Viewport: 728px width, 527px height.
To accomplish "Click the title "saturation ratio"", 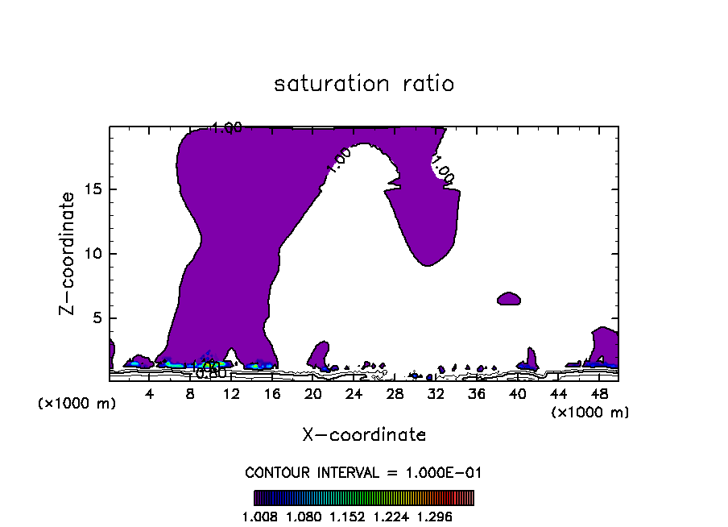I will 364,84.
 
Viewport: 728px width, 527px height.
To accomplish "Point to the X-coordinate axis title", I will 364,435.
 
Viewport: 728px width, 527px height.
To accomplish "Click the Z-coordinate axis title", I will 68,253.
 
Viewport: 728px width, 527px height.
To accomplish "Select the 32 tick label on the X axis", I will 436,393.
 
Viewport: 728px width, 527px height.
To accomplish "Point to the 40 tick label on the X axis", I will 517,393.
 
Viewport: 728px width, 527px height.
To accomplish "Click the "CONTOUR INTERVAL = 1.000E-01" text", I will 363,472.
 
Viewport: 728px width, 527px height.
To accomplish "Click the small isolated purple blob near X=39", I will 509,299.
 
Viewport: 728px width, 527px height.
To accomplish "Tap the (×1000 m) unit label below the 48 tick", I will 590,412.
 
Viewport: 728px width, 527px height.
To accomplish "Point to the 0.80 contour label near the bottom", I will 210,373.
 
